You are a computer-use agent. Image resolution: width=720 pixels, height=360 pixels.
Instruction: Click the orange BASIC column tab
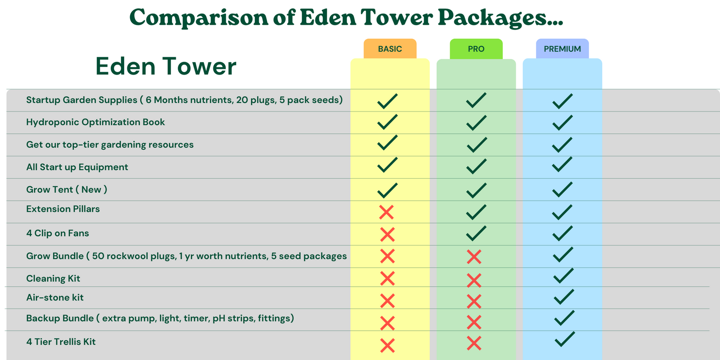[x=390, y=49]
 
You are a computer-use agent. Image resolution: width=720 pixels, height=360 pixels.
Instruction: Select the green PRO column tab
[x=476, y=49]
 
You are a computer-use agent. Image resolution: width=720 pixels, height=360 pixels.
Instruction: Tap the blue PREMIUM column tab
[x=562, y=49]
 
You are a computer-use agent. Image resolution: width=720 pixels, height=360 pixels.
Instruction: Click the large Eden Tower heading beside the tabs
[x=166, y=66]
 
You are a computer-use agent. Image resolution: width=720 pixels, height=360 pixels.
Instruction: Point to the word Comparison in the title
[x=198, y=18]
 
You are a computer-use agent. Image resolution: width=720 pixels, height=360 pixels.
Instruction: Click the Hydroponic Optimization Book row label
[x=95, y=122]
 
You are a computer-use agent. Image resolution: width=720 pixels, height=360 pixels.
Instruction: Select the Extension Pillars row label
[x=63, y=209]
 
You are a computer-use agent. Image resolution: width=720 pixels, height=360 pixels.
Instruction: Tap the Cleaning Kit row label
[x=53, y=279]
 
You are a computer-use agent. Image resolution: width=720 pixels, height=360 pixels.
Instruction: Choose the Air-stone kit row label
[x=54, y=297]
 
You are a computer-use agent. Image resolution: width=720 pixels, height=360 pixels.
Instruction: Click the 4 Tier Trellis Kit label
[x=61, y=342]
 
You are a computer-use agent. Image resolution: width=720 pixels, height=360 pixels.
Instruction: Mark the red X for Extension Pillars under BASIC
[x=387, y=212]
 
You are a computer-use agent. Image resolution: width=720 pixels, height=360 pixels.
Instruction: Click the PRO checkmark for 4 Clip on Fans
[x=476, y=234]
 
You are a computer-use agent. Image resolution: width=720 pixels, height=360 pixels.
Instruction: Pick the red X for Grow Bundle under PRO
[x=474, y=257]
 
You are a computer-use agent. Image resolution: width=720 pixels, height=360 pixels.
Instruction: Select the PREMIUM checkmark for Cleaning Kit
[x=563, y=276]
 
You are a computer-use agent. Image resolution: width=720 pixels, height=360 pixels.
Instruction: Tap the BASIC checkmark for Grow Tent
[x=387, y=191]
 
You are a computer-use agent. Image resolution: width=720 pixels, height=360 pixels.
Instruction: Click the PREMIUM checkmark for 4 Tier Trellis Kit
[x=565, y=339]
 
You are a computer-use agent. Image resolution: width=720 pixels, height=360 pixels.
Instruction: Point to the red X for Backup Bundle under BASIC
[x=387, y=324]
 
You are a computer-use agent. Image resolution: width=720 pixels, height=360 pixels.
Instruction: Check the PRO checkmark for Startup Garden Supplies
[x=476, y=100]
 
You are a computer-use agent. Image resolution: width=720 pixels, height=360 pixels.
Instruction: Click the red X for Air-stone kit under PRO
[x=474, y=301]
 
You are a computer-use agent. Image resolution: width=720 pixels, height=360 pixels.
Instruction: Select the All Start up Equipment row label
[x=77, y=167]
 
